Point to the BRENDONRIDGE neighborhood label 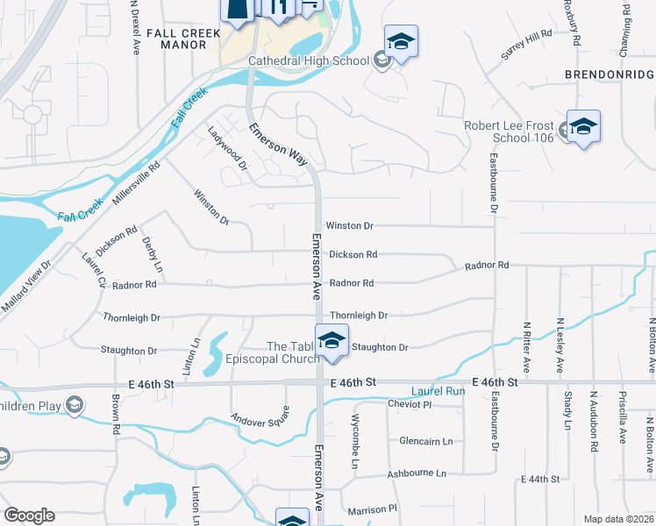(x=610, y=75)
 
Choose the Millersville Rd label (x=136, y=182)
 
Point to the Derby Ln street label (x=152, y=253)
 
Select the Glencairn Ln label (x=425, y=441)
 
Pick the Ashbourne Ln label (x=417, y=473)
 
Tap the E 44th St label (x=539, y=480)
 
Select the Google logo (x=29, y=515)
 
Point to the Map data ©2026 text (x=617, y=519)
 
